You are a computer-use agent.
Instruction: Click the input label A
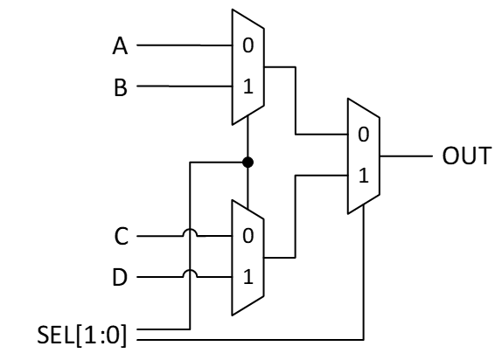[120, 45]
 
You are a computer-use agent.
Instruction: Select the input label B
[121, 87]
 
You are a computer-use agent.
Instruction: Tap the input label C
[122, 236]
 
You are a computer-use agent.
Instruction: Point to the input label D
[120, 277]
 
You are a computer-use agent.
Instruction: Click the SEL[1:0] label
[82, 335]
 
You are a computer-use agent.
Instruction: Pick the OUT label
[466, 156]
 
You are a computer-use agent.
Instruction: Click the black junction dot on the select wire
[248, 163]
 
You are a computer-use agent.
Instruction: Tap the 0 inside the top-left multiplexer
[248, 45]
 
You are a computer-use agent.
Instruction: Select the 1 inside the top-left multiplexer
[248, 86]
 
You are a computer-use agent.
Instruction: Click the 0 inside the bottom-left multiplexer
[248, 236]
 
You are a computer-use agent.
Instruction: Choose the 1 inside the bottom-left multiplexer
[248, 277]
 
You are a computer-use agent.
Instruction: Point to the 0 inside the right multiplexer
[363, 134]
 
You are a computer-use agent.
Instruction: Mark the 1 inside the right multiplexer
[363, 176]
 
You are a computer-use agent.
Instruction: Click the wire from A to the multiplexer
[185, 45]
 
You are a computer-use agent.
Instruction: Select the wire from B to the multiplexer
[185, 87]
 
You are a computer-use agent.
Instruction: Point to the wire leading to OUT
[406, 156]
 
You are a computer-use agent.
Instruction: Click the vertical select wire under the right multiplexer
[363, 272]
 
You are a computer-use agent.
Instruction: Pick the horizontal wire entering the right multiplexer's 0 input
[322, 134]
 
